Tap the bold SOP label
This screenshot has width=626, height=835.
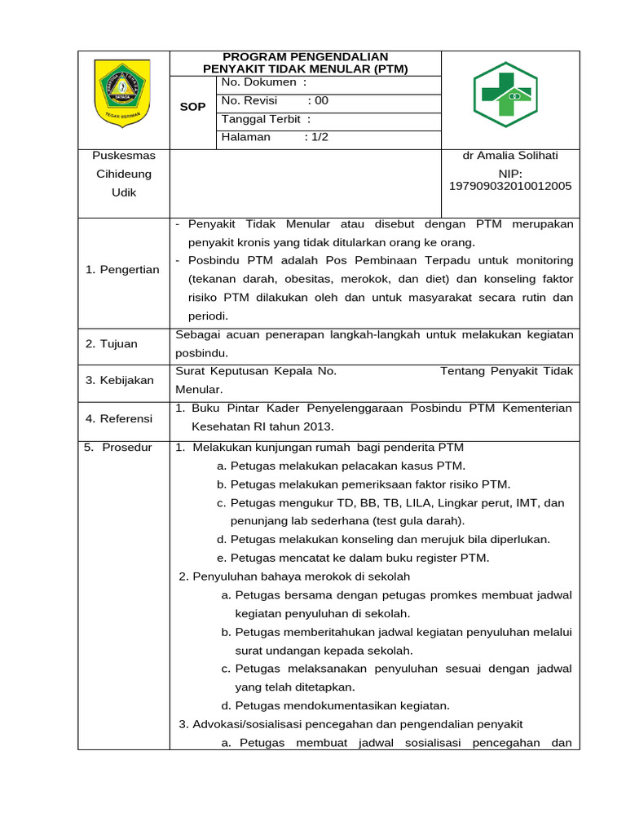point(193,108)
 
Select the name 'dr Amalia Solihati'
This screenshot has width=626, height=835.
point(510,156)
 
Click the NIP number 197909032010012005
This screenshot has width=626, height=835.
point(510,186)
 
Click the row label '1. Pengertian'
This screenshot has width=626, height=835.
point(123,270)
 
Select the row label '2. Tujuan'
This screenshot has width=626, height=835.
point(112,344)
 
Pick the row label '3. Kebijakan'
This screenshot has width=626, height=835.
point(120,381)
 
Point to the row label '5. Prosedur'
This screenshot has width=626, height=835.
point(118,448)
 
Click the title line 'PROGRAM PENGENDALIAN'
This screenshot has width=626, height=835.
point(305,56)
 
